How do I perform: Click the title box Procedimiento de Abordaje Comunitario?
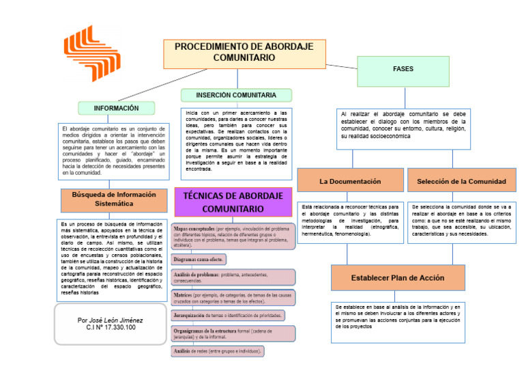pos(244,53)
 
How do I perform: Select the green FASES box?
pos(403,70)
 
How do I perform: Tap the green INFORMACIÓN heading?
pos(116,108)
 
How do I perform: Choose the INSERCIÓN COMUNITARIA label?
pos(236,95)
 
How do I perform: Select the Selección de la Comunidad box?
pos(461,182)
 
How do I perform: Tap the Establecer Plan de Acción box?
pos(397,278)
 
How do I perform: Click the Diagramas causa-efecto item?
pos(199,260)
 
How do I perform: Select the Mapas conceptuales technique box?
pos(233,236)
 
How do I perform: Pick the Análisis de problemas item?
pos(233,277)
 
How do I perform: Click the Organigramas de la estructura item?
pos(233,333)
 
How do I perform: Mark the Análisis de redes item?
pos(218,351)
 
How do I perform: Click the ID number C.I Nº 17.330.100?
pos(111,327)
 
